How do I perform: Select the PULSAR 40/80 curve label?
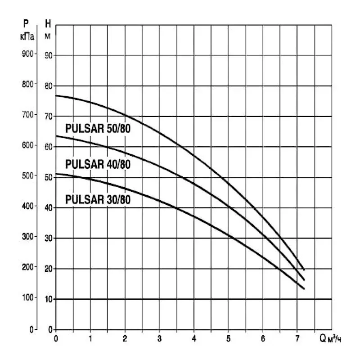tap(98, 164)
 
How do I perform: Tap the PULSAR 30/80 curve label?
tap(98, 199)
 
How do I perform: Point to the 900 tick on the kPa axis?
tap(28, 54)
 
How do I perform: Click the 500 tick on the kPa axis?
tap(28, 176)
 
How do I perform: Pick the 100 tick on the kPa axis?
tap(28, 298)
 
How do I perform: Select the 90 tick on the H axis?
tap(48, 55)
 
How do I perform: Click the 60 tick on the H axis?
tap(48, 147)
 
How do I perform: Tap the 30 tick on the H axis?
tap(48, 238)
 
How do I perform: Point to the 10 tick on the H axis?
tap(48, 299)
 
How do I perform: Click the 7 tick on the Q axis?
tap(297, 338)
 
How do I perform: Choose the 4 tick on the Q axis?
tap(193, 338)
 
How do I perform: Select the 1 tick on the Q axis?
tap(90, 338)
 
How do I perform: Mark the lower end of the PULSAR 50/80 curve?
tap(304, 270)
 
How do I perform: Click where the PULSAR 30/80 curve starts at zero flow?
tap(56, 174)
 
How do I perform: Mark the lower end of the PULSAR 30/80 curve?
tap(304, 289)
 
